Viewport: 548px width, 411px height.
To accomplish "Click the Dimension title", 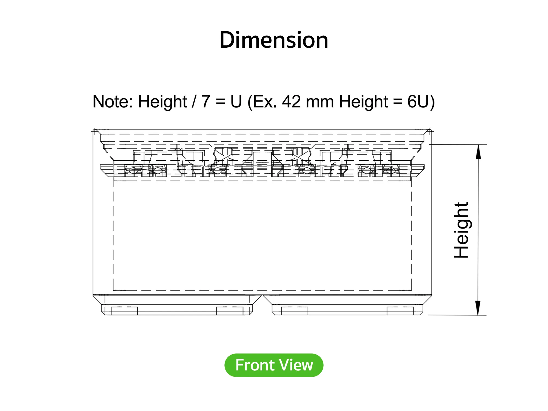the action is pyautogui.click(x=274, y=40).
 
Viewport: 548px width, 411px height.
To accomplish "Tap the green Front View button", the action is pyautogui.click(x=274, y=365).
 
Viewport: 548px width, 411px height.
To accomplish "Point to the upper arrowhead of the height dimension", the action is pyautogui.click(x=478, y=152).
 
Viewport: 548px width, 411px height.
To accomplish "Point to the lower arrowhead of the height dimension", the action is pyautogui.click(x=478, y=308).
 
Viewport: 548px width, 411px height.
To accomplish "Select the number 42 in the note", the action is pyautogui.click(x=292, y=102).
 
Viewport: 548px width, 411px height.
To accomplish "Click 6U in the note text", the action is pyautogui.click(x=418, y=102).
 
